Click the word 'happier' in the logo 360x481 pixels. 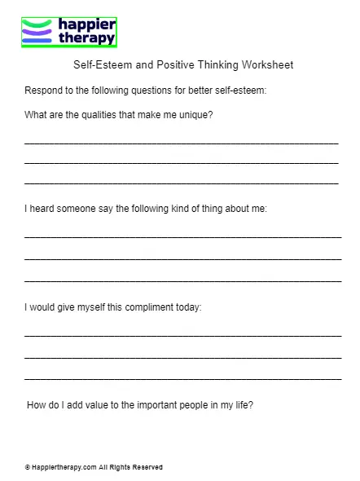tap(86, 24)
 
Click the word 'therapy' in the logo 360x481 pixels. tap(86, 38)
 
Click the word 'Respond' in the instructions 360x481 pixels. tap(43, 90)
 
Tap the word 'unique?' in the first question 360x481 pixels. tap(196, 115)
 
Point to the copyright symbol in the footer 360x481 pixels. tap(28, 467)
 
